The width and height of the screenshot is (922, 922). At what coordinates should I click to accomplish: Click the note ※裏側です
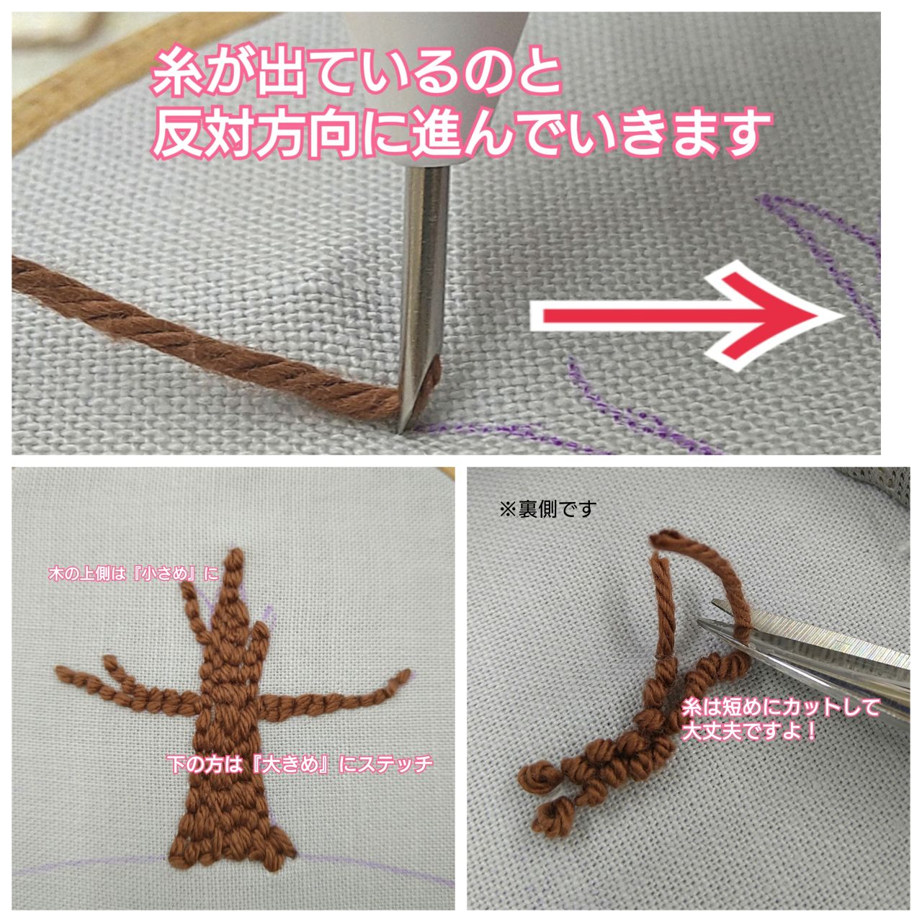pos(548,510)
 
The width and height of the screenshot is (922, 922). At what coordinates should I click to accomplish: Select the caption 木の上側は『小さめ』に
pos(133,573)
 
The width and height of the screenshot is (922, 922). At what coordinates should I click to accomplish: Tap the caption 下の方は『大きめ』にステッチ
pos(300,764)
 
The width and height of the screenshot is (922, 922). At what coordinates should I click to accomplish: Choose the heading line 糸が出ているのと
pos(356,75)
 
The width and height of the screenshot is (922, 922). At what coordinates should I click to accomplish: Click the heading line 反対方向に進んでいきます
pos(461,134)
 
